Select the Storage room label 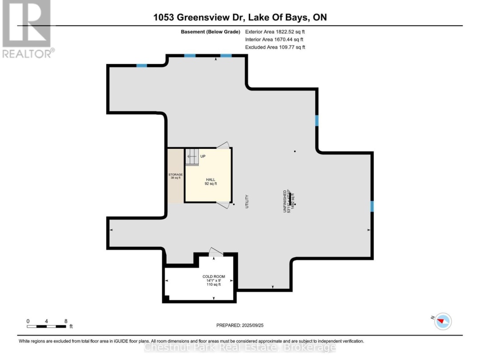point(176,175)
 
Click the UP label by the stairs point(203,156)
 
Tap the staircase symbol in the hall point(192,157)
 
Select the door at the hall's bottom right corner point(224,204)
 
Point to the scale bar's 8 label point(66,320)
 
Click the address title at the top point(240,18)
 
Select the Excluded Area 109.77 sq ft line point(275,47)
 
